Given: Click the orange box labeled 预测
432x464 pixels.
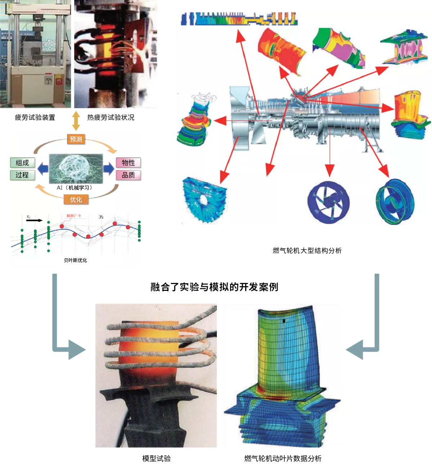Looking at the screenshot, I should pos(76,139).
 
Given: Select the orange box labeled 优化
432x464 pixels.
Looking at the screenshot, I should pos(76,199).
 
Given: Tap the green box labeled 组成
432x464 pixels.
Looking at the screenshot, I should pos(22,163).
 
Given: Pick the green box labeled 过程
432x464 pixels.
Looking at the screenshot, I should pos(22,175).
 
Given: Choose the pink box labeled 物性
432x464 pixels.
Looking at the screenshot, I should pos(128,163).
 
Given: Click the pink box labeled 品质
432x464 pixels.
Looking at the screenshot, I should pos(128,175).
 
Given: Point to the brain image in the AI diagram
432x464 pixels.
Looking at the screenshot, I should pos(76,168).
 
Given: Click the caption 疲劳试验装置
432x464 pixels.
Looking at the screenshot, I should pos(35,117).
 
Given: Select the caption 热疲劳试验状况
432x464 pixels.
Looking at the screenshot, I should pos(111,117).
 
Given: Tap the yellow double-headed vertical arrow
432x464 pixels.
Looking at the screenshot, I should pos(76,121).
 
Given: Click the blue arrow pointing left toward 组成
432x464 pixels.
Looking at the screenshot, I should pos(43,168).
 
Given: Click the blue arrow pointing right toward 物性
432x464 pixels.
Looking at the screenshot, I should pos(109,168).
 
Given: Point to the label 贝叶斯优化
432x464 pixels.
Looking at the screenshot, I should pos(76,260).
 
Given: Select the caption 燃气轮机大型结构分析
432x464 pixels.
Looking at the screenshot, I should pos(307,251).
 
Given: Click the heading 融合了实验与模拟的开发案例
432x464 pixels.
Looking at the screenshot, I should pos(214,287).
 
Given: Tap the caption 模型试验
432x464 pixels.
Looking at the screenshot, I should pos(156,458).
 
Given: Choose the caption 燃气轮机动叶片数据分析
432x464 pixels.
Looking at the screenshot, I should pos(283,458).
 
